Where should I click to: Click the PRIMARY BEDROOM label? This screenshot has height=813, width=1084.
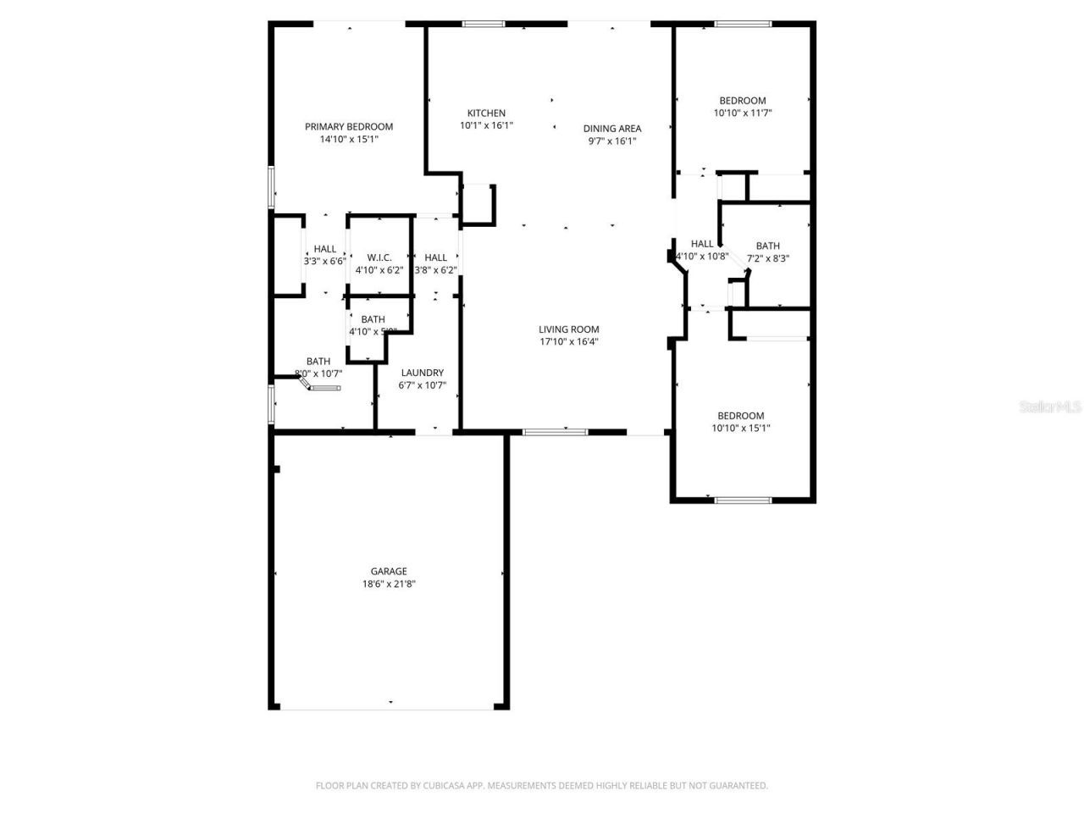point(349,127)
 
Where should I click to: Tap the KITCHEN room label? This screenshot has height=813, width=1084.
point(486,113)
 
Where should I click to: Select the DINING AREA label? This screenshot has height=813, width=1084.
point(612,129)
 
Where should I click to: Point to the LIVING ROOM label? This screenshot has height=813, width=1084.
point(569,330)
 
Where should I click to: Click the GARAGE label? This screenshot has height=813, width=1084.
point(389,572)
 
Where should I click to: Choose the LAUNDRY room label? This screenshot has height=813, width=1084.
point(422,373)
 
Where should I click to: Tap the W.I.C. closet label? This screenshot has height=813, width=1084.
point(379,257)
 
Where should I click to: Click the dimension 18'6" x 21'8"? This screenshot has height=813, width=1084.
point(389,584)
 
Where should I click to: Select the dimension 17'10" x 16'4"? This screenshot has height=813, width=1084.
point(569,342)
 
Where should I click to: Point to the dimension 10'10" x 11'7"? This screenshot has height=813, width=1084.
point(743,113)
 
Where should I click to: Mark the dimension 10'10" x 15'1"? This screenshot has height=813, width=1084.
point(741,429)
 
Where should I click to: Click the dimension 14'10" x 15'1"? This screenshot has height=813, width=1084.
point(349,140)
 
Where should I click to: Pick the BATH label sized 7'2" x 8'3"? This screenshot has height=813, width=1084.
point(768,246)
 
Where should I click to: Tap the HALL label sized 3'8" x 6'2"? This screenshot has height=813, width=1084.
point(436,257)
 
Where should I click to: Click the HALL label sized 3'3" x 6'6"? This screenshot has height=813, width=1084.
point(325,249)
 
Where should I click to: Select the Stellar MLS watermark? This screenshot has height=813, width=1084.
point(1050,407)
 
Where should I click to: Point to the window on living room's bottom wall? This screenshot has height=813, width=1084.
point(555,433)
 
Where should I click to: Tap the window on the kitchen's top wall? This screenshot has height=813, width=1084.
point(484,24)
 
